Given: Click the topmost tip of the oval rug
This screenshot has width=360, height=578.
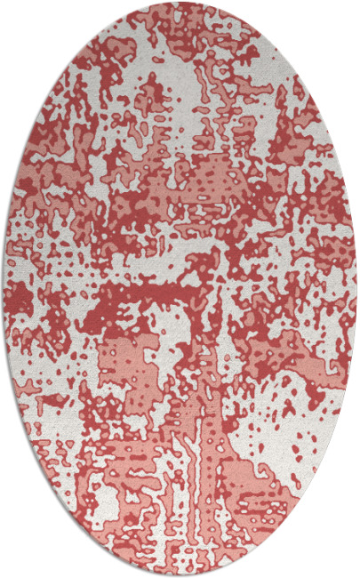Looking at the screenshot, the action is click(180, 3).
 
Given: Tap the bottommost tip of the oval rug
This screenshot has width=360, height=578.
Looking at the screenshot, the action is click(180, 575).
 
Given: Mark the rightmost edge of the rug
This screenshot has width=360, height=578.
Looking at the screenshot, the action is click(356, 289).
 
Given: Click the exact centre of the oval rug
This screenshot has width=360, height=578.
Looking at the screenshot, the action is click(180, 289).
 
